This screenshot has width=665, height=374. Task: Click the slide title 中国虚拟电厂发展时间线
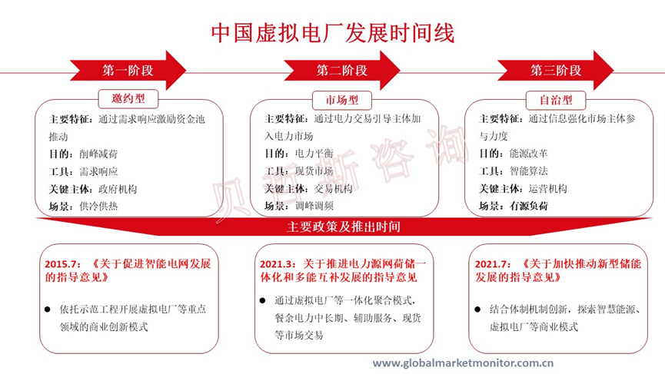click(332, 31)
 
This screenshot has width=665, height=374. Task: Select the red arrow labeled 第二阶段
click(342, 71)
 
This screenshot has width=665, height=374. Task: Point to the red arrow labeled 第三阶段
click(556, 71)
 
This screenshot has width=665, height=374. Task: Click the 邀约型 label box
click(128, 99)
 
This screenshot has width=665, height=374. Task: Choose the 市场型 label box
click(342, 100)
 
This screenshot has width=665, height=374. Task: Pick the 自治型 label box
click(556, 100)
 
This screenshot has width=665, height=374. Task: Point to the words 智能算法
click(528, 170)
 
